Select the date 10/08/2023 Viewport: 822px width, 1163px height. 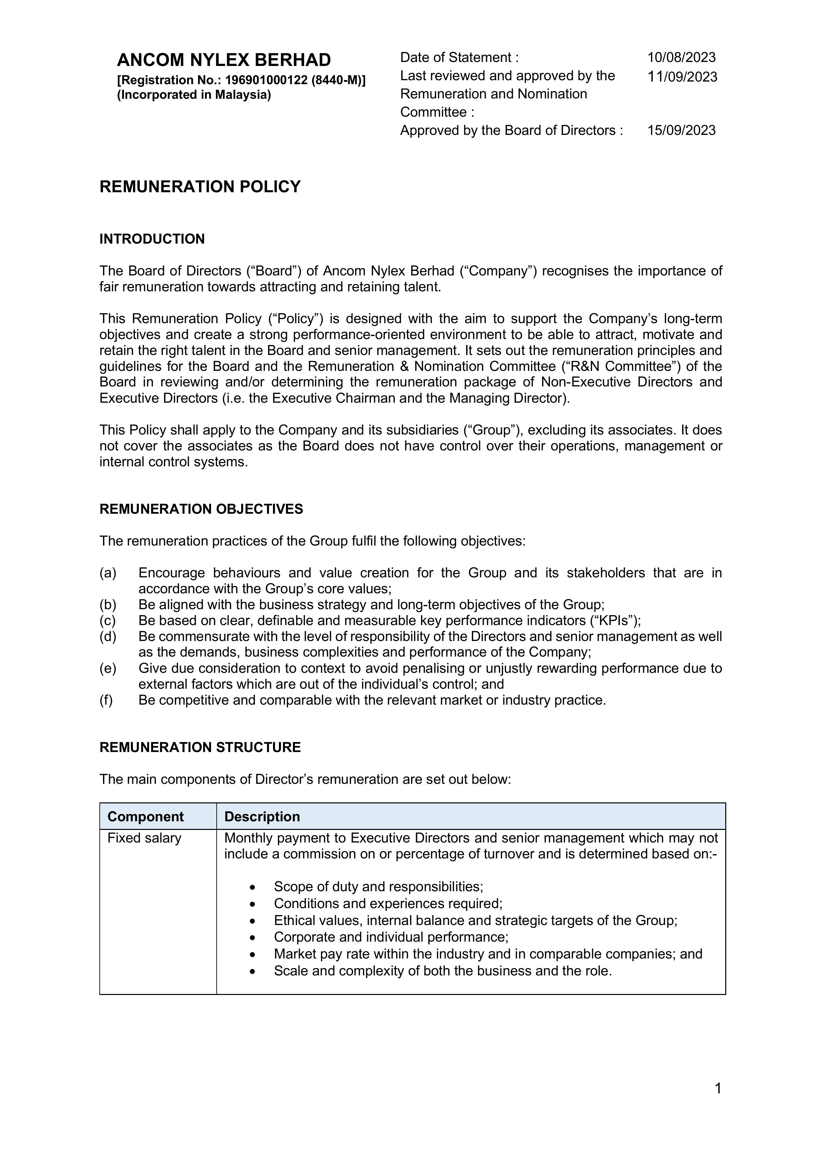(x=681, y=57)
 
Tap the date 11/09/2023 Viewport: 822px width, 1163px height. (x=682, y=77)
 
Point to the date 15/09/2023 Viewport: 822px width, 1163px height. (x=681, y=130)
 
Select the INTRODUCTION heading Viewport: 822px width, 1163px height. (x=152, y=239)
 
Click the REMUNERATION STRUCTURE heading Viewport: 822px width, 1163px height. (x=200, y=747)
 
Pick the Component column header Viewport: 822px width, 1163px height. (x=145, y=817)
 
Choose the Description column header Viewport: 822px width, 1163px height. (x=262, y=817)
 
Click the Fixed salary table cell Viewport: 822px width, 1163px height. (x=144, y=838)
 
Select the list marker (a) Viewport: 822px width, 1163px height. (x=108, y=573)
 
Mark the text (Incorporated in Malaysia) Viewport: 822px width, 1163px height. (x=194, y=95)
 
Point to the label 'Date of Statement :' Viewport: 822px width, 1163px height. (x=459, y=57)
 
